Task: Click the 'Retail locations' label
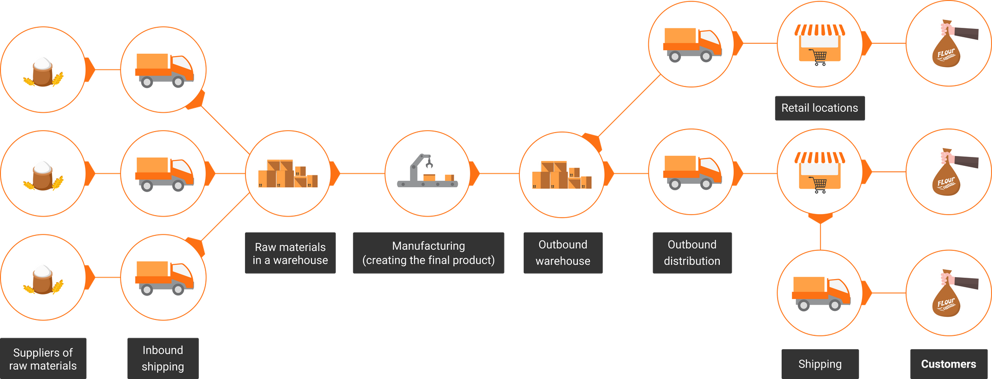pyautogui.click(x=819, y=108)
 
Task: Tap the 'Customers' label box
pyautogui.click(x=948, y=364)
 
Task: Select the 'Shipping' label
pyautogui.click(x=820, y=364)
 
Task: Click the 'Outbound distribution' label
pyautogui.click(x=692, y=253)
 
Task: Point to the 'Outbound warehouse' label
pyautogui.click(x=563, y=253)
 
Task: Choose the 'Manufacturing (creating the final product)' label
pyautogui.click(x=429, y=253)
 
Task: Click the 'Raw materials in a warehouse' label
pyautogui.click(x=290, y=253)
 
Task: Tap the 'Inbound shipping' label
pyautogui.click(x=163, y=358)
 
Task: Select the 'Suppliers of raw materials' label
pyautogui.click(x=43, y=359)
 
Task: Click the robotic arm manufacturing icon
pyautogui.click(x=427, y=171)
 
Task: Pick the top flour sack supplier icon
pyautogui.click(x=43, y=71)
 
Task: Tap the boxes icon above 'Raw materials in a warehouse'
pyautogui.click(x=288, y=174)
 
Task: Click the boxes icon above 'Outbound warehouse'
pyautogui.click(x=561, y=175)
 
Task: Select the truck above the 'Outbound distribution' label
pyautogui.click(x=692, y=172)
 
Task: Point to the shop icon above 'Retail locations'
pyautogui.click(x=819, y=44)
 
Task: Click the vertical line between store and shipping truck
pyautogui.click(x=820, y=236)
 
